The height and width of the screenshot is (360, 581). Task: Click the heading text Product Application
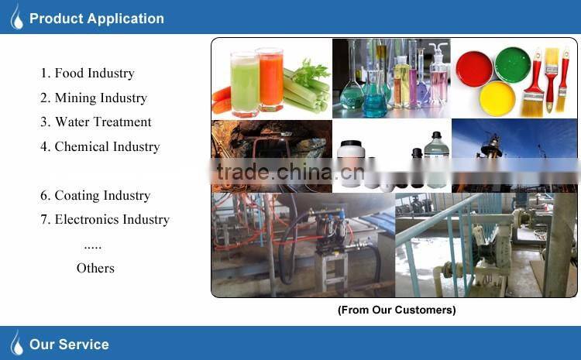96,19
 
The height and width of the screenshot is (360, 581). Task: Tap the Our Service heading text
69,345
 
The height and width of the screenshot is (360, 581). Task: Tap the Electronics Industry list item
105,220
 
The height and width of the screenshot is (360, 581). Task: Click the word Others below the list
95,268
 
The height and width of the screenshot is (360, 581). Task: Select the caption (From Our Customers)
396,310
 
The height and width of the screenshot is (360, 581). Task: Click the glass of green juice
243,81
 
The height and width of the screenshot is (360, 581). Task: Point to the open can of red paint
474,68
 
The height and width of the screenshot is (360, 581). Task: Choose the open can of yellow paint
497,98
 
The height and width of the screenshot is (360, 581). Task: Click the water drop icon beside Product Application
16,18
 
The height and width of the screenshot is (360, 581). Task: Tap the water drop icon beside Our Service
16,343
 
